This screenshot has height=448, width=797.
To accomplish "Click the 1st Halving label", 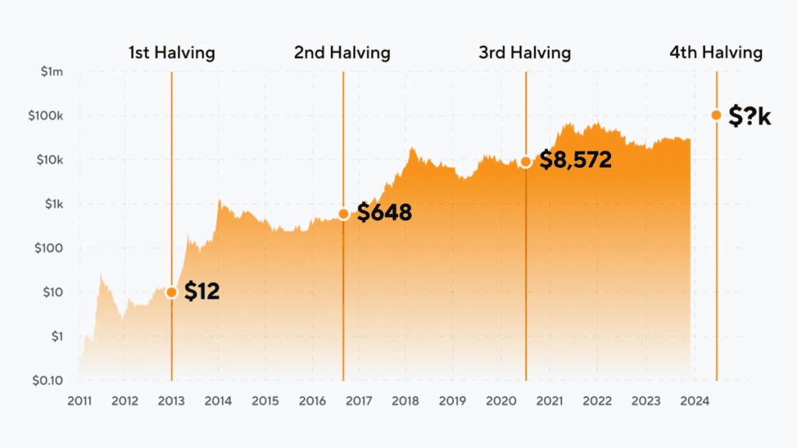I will [x=171, y=53].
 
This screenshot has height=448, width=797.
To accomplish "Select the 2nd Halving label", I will [x=342, y=53].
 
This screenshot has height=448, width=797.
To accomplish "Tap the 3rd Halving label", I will [x=525, y=53].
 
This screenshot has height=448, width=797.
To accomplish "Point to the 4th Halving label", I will [x=715, y=53].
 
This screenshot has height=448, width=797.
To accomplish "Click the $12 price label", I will [x=202, y=292].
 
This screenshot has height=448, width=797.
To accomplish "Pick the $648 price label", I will [x=384, y=213].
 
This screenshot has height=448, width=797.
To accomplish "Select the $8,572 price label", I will [x=575, y=161].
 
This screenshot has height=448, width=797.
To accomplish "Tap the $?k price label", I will [x=750, y=116].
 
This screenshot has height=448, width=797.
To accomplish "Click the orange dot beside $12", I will [x=171, y=292].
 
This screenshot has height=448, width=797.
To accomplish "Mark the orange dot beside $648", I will [x=343, y=213].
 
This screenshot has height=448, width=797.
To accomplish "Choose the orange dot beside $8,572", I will [x=525, y=162].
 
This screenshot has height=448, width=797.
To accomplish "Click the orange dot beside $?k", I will [x=716, y=115].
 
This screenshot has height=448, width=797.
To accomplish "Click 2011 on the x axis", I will [x=79, y=401].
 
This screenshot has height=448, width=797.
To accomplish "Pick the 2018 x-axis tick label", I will [x=406, y=401].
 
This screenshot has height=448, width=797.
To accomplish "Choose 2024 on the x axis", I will [x=695, y=401].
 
